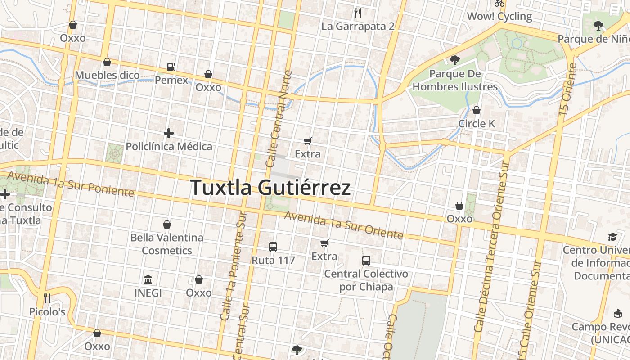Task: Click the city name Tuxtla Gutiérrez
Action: [x=270, y=187]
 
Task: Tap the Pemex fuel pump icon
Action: [x=171, y=67]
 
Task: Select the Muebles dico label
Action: [x=108, y=75]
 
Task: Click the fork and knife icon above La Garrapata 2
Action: [x=358, y=13]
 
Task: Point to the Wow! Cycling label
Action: [x=499, y=17]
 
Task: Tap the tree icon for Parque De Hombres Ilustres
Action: [x=455, y=60]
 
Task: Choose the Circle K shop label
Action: [x=477, y=123]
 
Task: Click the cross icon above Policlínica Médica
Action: [x=169, y=133]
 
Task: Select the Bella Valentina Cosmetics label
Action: [x=167, y=244]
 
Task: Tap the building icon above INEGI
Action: [x=148, y=279]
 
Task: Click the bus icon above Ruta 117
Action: [x=273, y=247]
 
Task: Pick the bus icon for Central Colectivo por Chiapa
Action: [x=366, y=260]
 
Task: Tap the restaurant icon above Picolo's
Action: [x=47, y=298]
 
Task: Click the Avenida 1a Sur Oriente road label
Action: [x=343, y=225]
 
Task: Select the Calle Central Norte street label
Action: [x=279, y=119]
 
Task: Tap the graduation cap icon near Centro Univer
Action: [x=612, y=237]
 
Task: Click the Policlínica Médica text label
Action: [x=169, y=146]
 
